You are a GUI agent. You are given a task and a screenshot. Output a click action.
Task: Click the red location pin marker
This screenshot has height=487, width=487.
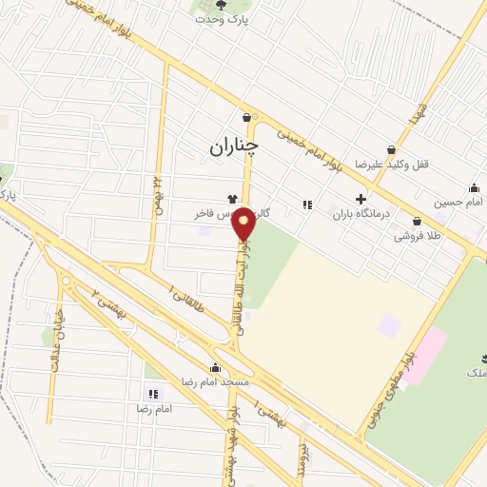pos(244,223)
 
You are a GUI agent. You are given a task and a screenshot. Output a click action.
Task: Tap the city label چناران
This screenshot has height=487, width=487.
pos(232,146)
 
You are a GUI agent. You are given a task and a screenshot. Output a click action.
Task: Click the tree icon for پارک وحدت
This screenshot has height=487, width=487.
pos(222,5)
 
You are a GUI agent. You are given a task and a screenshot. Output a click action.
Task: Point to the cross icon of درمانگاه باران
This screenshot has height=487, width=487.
pos(360,199)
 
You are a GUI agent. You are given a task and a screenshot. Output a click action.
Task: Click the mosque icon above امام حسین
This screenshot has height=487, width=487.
pos(474,187)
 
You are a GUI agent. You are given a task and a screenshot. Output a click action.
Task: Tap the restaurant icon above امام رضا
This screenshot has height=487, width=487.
pos(152,393)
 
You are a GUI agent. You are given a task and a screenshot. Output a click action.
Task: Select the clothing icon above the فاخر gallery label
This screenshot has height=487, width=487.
pos(232,199)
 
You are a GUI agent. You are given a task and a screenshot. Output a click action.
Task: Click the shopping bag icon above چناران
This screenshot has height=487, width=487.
pos(247,118)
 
